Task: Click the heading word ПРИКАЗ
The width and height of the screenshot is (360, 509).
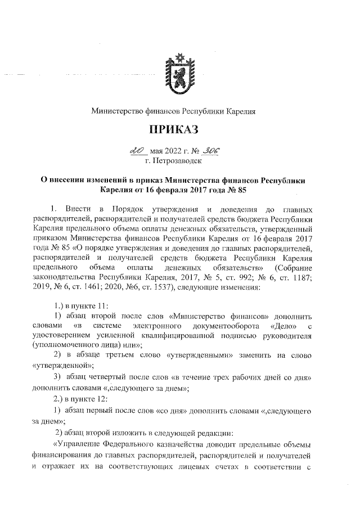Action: click(x=174, y=130)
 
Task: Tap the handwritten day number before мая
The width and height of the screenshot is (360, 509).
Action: click(x=137, y=151)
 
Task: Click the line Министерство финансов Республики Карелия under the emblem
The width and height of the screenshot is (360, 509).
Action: click(x=174, y=111)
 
